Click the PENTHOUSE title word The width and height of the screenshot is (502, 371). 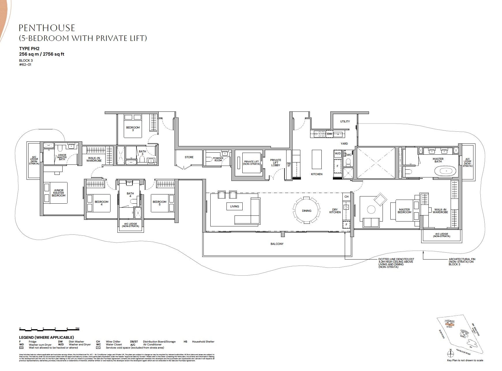click(x=47, y=28)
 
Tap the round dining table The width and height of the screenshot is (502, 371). click(x=306, y=210)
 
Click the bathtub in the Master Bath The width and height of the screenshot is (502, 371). click(x=446, y=171)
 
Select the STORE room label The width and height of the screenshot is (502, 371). click(x=189, y=157)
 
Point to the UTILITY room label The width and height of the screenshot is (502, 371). click(x=345, y=122)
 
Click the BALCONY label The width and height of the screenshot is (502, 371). click(x=277, y=244)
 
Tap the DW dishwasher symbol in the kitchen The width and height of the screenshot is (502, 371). click(x=329, y=134)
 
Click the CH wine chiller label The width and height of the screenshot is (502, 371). click(x=346, y=197)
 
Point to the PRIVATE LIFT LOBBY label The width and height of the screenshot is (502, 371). click(x=276, y=162)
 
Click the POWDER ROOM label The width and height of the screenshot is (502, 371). click(x=218, y=159)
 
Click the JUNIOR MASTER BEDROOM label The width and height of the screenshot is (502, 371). click(x=59, y=193)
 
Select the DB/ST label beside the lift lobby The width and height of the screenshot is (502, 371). click(x=289, y=164)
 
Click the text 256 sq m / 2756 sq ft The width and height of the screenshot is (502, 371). click(x=42, y=54)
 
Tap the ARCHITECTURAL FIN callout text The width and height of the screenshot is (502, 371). click(x=462, y=262)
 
